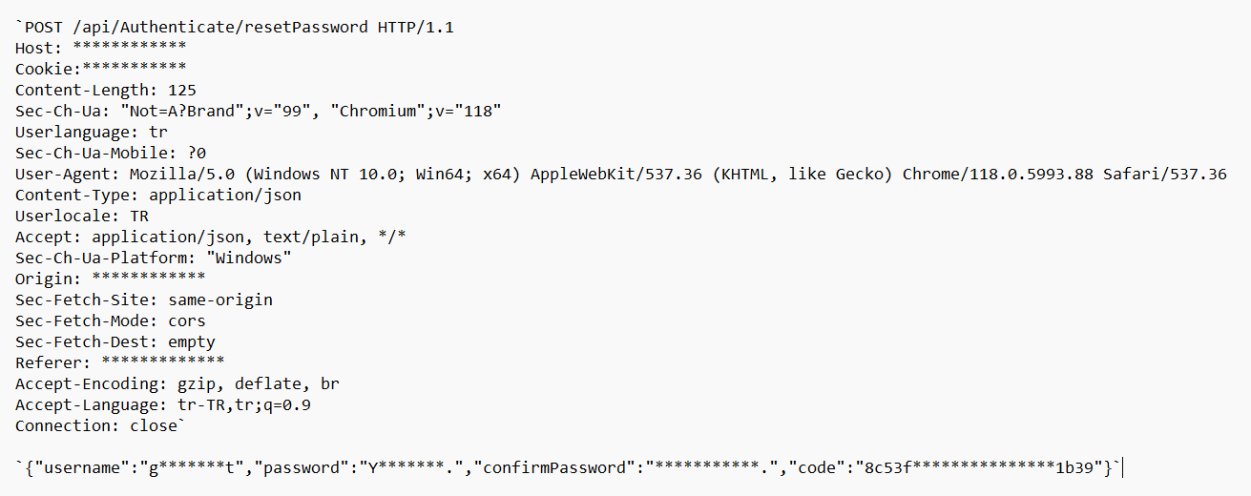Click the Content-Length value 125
(x=182, y=90)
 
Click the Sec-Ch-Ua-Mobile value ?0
(x=197, y=153)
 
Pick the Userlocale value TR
(x=139, y=216)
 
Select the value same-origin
(x=220, y=300)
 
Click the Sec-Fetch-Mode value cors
(x=187, y=320)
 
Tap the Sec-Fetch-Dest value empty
(x=192, y=341)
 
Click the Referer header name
(x=52, y=362)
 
